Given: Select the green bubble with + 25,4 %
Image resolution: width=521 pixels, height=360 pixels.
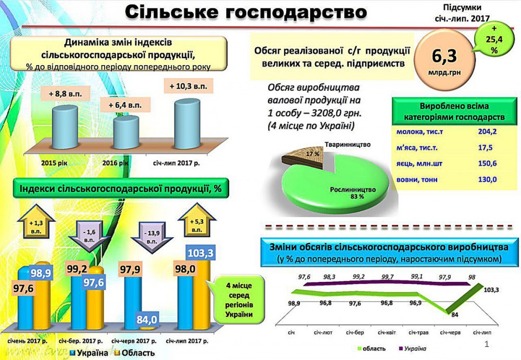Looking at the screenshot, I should [x=493, y=38].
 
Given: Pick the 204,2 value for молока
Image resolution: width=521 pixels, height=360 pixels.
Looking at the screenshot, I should [x=487, y=132].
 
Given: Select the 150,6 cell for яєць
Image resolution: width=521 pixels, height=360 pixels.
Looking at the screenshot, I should [x=487, y=164].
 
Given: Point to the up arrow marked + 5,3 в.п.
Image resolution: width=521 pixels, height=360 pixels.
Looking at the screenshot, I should [x=197, y=223].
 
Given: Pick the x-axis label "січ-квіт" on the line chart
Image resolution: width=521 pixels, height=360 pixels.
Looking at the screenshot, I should [x=386, y=332].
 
